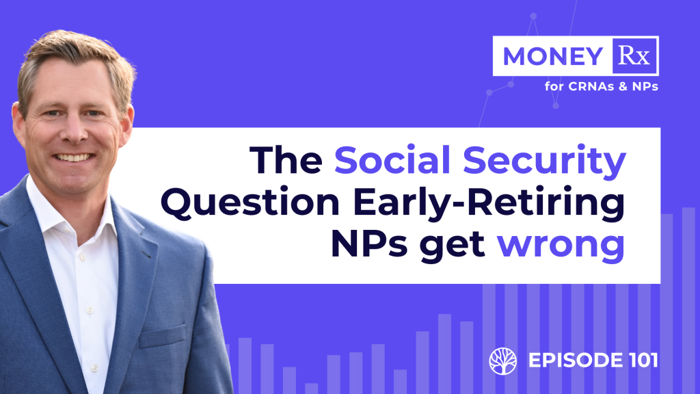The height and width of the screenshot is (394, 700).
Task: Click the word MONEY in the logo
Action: pos(552,56)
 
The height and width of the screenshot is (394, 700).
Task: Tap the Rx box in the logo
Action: pos(634,56)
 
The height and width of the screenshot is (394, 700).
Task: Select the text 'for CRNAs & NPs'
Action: pos(601,86)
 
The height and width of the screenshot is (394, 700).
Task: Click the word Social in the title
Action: pos(392,160)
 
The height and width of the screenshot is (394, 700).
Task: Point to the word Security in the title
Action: pos(544,162)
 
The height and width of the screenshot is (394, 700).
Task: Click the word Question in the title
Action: pos(250,203)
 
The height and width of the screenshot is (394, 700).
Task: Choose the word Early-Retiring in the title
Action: pos(488,205)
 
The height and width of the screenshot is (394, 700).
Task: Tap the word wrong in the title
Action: pos(561,246)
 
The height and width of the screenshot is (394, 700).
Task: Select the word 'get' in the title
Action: pos(453,246)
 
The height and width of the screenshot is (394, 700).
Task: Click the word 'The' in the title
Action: pos(286,160)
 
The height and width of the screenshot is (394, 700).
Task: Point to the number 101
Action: pos(643,360)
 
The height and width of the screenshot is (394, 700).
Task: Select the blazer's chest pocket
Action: pos(161,335)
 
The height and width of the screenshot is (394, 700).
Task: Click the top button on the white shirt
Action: pos(82,258)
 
